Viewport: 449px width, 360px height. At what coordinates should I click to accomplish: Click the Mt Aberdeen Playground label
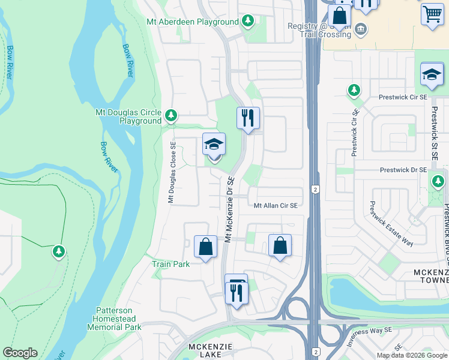192,22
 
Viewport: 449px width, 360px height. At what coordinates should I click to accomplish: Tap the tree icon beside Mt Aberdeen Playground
248,22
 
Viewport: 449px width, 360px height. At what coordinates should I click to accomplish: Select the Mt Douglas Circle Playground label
128,116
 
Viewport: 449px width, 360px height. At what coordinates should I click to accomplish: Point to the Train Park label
170,264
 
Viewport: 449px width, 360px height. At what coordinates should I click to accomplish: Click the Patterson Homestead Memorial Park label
115,319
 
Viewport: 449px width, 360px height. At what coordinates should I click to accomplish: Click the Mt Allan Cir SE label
276,205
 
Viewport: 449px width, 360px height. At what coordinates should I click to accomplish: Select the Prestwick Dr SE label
403,170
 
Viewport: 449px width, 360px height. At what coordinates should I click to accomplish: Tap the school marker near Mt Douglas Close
214,146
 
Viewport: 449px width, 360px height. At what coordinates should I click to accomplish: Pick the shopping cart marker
432,13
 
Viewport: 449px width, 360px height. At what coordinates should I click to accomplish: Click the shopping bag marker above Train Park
205,247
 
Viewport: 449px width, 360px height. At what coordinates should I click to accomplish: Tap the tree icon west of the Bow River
59,251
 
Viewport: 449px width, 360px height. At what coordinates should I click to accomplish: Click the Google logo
20,353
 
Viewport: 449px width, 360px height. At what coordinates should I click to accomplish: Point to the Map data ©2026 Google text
411,355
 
